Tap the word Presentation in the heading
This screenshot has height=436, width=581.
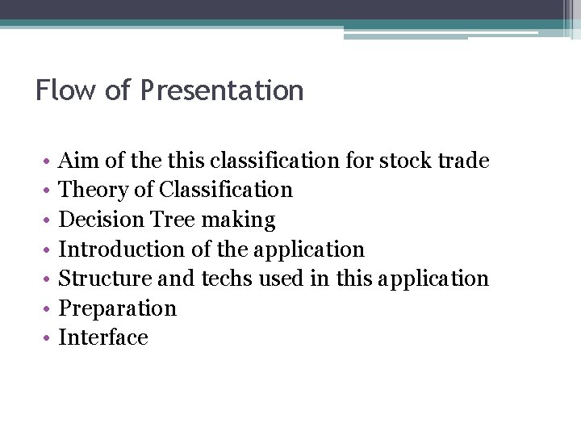coord(222,90)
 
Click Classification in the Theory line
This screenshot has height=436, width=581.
coord(226,191)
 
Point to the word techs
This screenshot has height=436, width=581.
coord(228,279)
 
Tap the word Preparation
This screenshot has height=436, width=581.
coord(118,308)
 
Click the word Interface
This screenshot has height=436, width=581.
coord(103,337)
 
